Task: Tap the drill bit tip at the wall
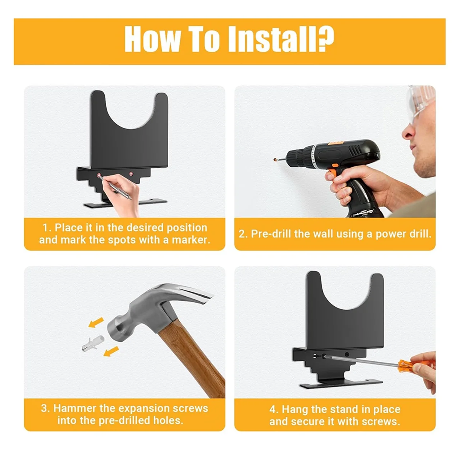coord(275,159)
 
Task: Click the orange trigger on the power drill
coord(333,171)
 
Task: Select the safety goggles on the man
coord(421,103)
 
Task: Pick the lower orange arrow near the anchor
coord(111,352)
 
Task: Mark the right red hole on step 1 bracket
coord(131,174)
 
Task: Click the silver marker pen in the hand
coord(115,187)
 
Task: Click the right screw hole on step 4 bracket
coord(347,354)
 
